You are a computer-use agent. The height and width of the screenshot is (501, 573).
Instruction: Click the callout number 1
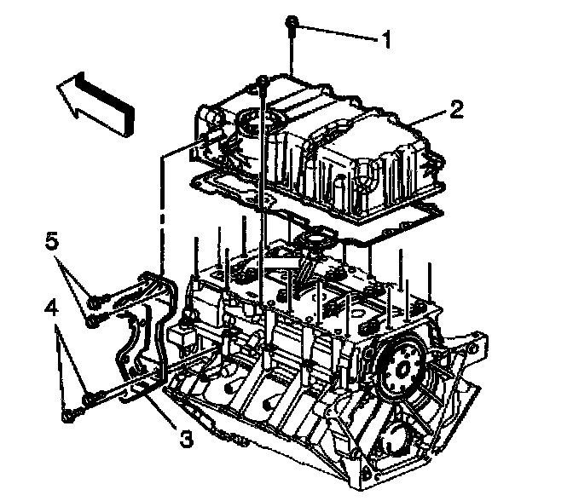[386, 37]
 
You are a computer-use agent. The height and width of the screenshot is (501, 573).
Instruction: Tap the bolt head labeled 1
[292, 22]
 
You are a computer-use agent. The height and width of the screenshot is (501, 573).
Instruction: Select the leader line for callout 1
[337, 33]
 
